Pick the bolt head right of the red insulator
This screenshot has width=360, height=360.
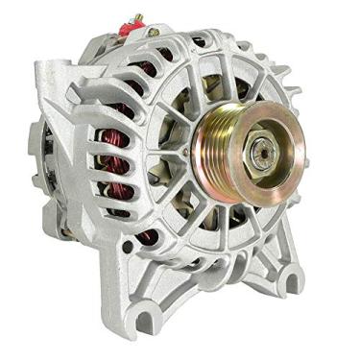154,32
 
